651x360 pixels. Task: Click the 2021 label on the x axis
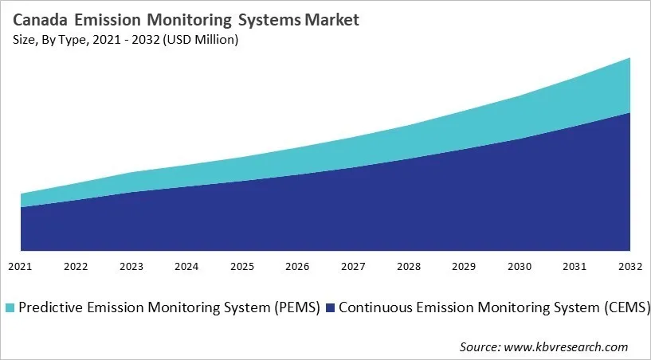click(x=21, y=266)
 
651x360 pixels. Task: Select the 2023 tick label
click(x=131, y=266)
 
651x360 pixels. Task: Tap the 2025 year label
click(x=241, y=266)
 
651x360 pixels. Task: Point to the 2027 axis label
click(x=352, y=266)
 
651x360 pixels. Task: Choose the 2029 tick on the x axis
click(x=464, y=266)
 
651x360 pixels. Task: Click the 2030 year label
click(x=520, y=266)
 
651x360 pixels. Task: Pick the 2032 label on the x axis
click(x=629, y=266)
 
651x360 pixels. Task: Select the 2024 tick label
click(x=186, y=266)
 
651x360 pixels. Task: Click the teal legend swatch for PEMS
click(x=9, y=307)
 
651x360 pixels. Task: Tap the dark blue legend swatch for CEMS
click(x=331, y=307)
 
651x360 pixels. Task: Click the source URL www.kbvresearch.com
click(x=572, y=346)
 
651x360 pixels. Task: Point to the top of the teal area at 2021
click(x=22, y=194)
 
